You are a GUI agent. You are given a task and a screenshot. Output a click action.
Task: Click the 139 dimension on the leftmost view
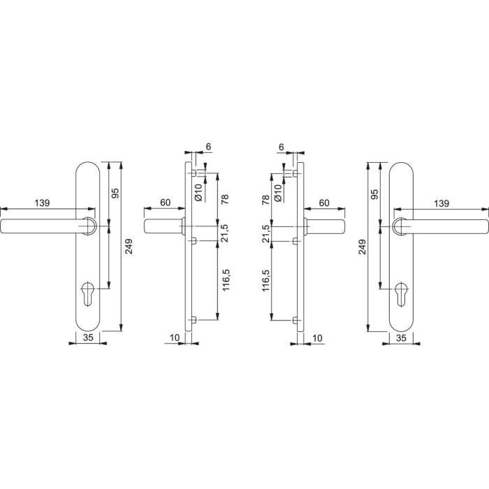tap(42, 203)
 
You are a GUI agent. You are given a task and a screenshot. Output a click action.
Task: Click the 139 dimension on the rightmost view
tap(441, 203)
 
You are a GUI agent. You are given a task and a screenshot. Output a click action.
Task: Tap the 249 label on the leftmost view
tap(129, 247)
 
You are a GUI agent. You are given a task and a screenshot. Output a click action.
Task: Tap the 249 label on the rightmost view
tap(362, 247)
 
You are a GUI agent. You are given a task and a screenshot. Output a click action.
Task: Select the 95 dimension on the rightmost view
tap(375, 194)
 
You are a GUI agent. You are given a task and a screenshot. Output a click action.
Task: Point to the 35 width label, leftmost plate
tap(88, 337)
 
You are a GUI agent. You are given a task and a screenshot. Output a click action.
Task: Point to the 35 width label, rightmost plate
tap(402, 337)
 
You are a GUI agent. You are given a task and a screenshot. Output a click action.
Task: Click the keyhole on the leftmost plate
tap(87, 294)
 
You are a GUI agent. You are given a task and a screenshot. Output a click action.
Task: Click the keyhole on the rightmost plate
tap(401, 294)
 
